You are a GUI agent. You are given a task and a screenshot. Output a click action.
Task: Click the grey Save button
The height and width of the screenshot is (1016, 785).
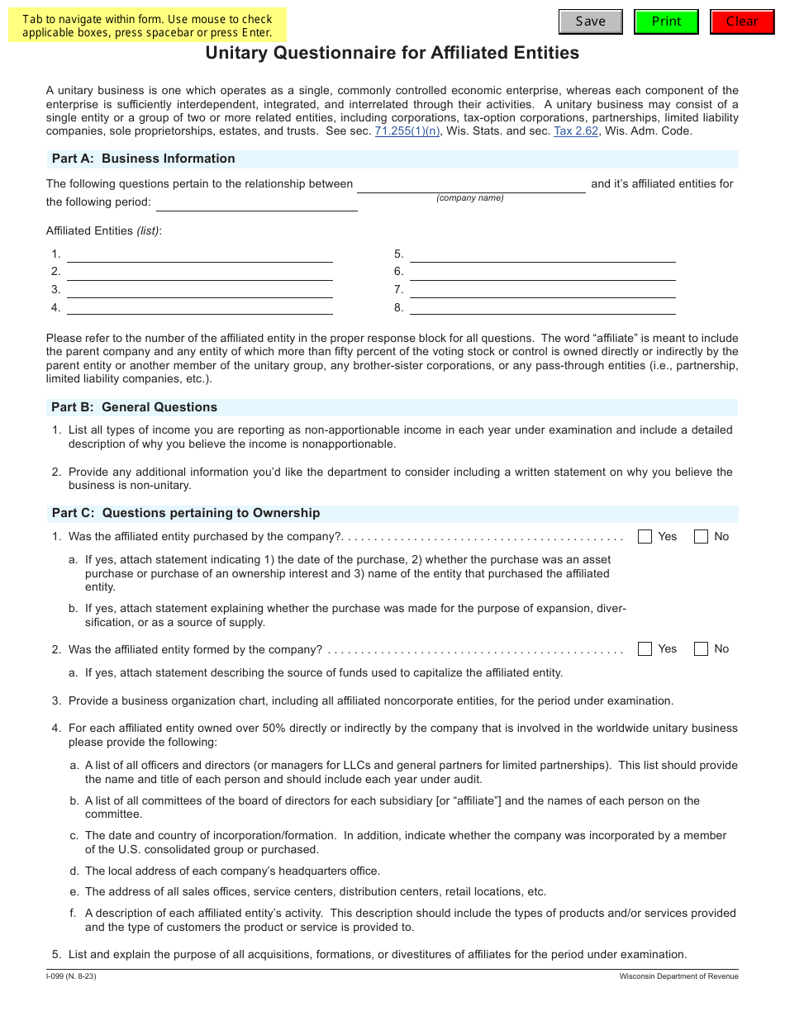point(590,21)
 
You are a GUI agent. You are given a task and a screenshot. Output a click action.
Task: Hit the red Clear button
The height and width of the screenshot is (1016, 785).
point(741,21)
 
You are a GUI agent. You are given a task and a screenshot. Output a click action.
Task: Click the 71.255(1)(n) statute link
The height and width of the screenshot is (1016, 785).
point(407,131)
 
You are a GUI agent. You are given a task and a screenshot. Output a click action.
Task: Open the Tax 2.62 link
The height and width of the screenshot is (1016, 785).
point(575,131)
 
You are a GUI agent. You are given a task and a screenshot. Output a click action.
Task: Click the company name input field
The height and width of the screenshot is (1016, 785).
point(471,184)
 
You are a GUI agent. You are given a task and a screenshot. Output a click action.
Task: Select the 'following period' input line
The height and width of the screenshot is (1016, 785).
point(256,202)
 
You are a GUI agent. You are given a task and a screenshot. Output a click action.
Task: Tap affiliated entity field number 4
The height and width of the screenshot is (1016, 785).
point(199,307)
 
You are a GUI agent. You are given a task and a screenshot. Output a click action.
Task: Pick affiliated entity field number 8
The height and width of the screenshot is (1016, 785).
point(542,307)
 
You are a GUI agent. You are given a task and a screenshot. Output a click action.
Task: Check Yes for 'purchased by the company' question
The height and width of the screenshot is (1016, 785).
point(645,537)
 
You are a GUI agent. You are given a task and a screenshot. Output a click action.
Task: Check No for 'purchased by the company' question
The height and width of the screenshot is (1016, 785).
point(701,537)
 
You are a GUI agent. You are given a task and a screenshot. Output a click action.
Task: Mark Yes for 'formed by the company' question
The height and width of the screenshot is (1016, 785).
point(645,649)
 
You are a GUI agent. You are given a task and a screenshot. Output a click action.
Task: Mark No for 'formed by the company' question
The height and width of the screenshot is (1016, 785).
point(701,649)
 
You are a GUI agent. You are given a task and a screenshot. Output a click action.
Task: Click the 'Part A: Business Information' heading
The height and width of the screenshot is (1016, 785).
point(143,159)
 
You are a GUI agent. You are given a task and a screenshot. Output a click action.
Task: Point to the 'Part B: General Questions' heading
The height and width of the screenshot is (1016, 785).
point(134,407)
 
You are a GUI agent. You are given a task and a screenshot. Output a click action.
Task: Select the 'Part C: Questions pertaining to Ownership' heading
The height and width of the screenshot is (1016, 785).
point(185,513)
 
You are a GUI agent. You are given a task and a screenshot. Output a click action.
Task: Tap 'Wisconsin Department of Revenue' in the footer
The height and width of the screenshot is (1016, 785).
point(678,977)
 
